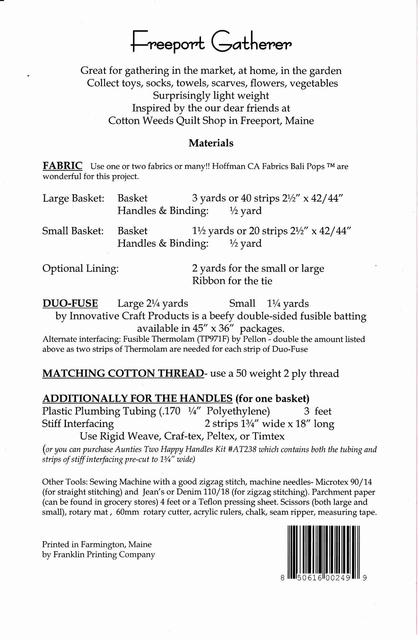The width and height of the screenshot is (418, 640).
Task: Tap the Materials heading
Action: pos(211,143)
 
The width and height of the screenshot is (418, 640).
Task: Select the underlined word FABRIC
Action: pos(63,165)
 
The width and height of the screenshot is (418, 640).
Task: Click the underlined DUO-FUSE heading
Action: pos(70,303)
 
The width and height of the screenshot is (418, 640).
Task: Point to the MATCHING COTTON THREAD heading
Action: pos(123,373)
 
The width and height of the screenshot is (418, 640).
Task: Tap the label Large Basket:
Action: pos(73,198)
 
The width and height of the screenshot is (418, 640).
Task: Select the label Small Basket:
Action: pos(73,230)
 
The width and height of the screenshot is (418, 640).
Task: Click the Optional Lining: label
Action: pos(80,268)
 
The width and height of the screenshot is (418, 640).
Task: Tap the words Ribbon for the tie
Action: pos(232,280)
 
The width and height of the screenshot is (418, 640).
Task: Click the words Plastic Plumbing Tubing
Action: pos(99,411)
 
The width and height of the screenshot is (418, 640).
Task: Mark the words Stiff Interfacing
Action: pos(78,423)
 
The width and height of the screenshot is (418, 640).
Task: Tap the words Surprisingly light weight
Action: pos(211,95)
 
